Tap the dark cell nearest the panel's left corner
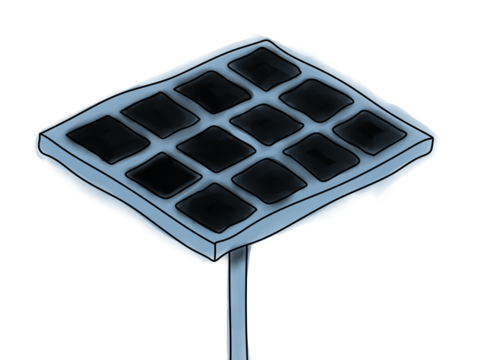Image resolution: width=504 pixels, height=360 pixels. click(x=101, y=135)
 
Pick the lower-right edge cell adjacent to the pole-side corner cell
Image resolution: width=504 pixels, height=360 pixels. click(x=269, y=179)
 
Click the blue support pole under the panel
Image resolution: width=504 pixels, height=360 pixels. click(x=237, y=302)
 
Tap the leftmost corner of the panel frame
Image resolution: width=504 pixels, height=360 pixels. click(x=40, y=137)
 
